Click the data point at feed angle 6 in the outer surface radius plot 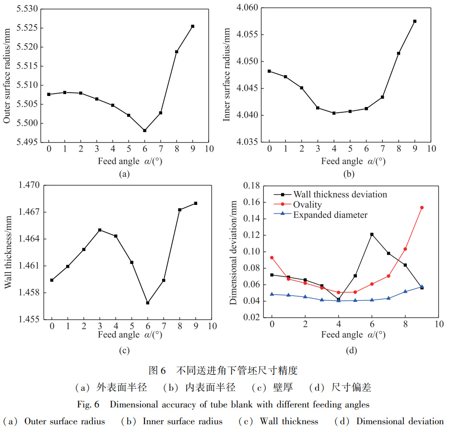coord(144,131)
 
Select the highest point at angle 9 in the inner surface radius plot coord(414,21)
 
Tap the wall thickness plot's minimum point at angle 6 coord(147,303)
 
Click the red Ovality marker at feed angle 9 coord(422,208)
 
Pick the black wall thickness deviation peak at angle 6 coord(372,234)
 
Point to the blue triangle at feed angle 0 coord(272,294)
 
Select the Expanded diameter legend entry coord(330,215)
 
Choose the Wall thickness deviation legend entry coord(340,194)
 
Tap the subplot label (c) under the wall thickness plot coord(124,350)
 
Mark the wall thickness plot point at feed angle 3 coord(100,230)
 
